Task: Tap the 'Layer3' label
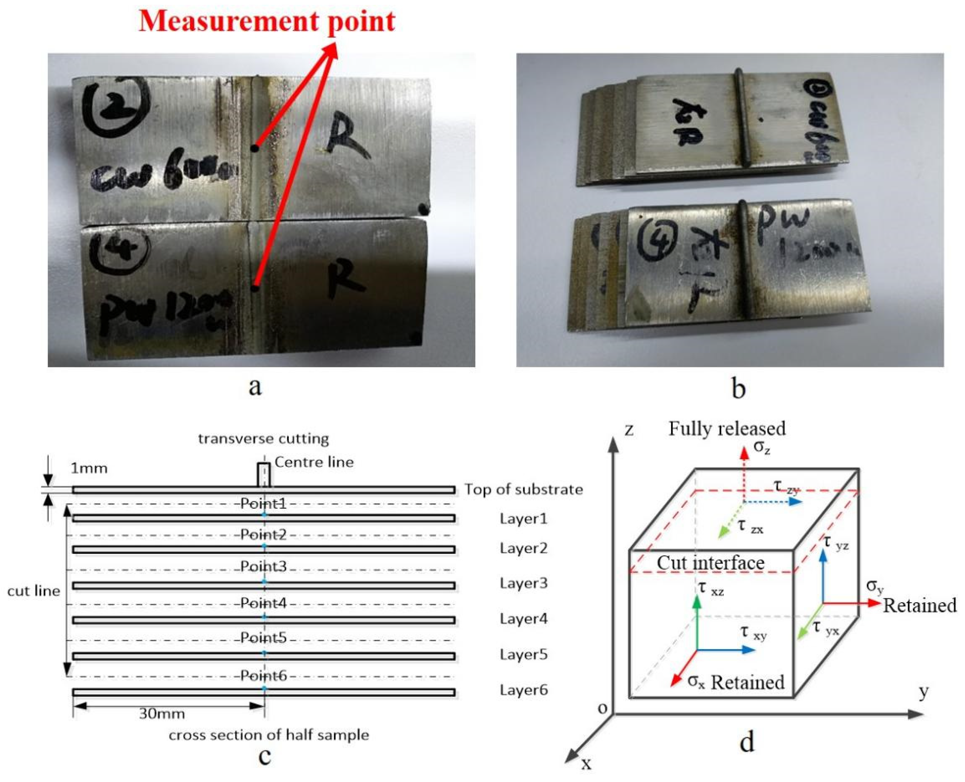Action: pos(523,583)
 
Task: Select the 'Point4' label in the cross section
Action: pos(264,603)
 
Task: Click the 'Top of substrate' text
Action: pos(523,489)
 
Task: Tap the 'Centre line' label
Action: pos(314,462)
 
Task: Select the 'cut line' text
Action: pos(33,591)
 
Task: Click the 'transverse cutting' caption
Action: pos(264,439)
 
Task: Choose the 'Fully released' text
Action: pos(727,428)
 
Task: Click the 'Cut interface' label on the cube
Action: pos(710,563)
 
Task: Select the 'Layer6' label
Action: pos(523,690)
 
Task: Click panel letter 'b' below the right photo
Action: pos(738,388)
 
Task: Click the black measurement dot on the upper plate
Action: pos(255,148)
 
